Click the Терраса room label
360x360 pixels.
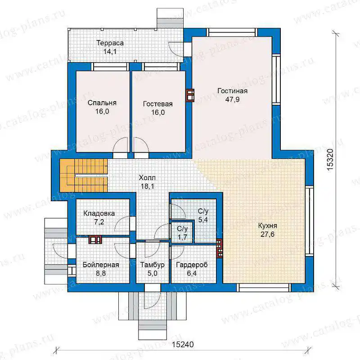point(110,43)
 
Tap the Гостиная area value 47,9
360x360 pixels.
point(232,99)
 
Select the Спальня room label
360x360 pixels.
point(102,103)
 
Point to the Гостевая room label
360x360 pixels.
point(158,104)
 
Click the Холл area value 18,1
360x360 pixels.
point(148,186)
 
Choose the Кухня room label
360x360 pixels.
point(267,226)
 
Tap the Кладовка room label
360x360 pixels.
point(99,213)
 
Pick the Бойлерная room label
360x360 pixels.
point(101,265)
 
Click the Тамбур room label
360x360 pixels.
point(153,265)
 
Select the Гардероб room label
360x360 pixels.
point(192,265)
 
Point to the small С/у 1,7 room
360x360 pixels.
point(182,233)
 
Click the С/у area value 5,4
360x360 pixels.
point(203,220)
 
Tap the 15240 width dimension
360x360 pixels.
point(183,345)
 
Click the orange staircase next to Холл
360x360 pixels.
point(84,175)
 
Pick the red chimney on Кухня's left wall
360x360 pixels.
point(220,248)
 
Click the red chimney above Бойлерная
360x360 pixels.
point(95,239)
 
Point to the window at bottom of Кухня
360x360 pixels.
point(264,288)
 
